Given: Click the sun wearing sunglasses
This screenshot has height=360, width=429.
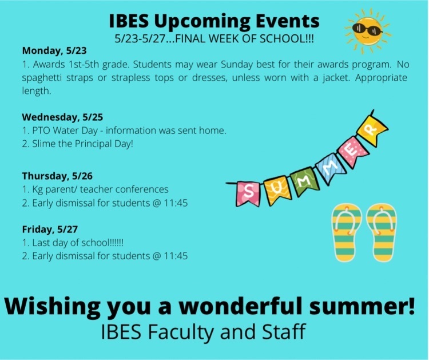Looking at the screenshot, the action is tap(367, 31).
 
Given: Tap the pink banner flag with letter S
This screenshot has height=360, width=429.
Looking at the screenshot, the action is tap(248, 193).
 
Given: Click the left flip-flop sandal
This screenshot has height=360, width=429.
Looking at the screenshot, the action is tap(346, 233).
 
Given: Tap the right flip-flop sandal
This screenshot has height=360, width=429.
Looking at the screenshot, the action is tap(381, 233).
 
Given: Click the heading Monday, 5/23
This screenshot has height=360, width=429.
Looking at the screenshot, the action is tap(54, 50).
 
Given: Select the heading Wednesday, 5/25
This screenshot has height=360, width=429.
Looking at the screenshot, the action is tap(62, 117).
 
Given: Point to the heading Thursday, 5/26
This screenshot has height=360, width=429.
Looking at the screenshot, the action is tap(57, 176).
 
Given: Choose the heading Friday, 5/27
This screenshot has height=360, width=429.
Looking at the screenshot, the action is tap(50, 229).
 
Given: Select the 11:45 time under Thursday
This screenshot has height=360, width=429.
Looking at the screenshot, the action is tap(176, 203).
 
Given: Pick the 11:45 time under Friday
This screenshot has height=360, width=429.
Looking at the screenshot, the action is tap(176, 256).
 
